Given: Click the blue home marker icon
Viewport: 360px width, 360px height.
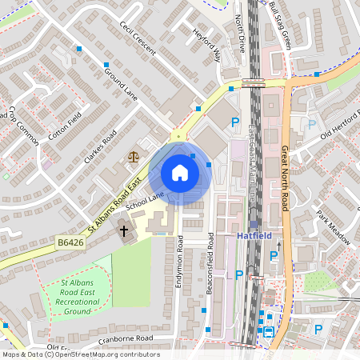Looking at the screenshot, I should pos(180,173).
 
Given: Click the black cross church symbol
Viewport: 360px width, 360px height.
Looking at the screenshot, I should pos(124,231).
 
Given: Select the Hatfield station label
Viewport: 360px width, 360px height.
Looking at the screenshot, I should pos(255,236).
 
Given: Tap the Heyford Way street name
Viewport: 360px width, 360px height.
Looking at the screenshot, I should pos(206,46).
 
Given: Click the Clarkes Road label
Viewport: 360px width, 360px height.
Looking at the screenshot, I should pos(100,146).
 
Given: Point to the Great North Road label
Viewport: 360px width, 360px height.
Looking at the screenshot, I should pos(284,178).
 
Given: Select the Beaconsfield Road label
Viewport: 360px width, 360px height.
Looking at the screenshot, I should pos(210,264).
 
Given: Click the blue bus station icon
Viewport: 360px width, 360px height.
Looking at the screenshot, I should pos(270,330).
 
